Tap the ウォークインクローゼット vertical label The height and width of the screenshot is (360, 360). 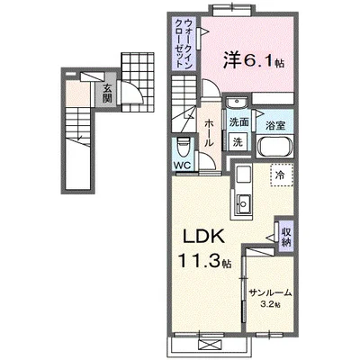(x=182, y=43)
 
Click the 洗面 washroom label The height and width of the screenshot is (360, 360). (x=238, y=122)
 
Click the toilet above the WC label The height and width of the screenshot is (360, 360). (x=182, y=145)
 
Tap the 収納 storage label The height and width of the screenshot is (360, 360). (x=286, y=236)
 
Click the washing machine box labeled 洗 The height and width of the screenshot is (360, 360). (x=238, y=141)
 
